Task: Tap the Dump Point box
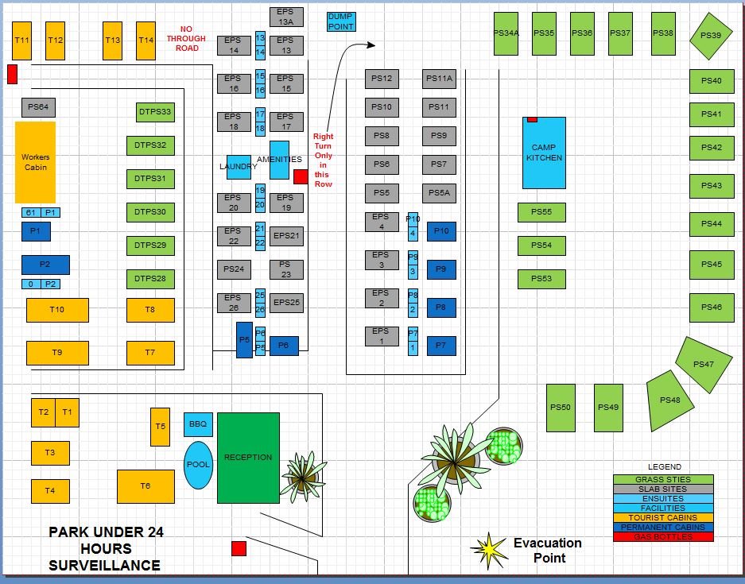[x=341, y=21]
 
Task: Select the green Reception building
[x=248, y=458]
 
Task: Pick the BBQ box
[x=198, y=424]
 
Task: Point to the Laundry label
[x=238, y=167]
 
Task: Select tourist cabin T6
[x=146, y=486]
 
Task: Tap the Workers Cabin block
[x=36, y=162]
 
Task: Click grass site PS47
[x=703, y=364]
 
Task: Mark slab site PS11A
[x=439, y=79]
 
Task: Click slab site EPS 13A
[x=285, y=17]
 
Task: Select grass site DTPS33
[x=154, y=112]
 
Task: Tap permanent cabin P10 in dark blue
[x=442, y=231]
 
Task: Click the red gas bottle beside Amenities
[x=301, y=176]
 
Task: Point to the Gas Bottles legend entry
[x=663, y=537]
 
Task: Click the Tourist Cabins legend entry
[x=663, y=518]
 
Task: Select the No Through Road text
[x=187, y=38]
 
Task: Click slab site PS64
[x=38, y=107]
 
